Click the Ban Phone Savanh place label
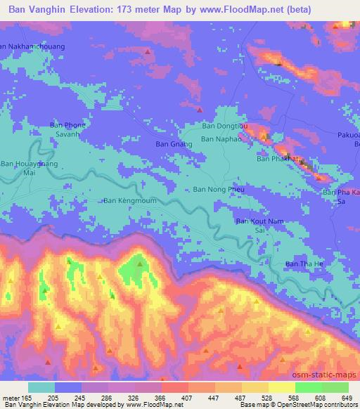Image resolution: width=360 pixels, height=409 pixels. (67, 130)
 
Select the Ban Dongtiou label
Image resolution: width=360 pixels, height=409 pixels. (221, 127)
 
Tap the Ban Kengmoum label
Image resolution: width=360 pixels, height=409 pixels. (130, 201)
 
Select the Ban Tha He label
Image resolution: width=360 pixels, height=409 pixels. (302, 264)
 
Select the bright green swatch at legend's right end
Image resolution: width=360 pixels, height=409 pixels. (335, 387)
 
